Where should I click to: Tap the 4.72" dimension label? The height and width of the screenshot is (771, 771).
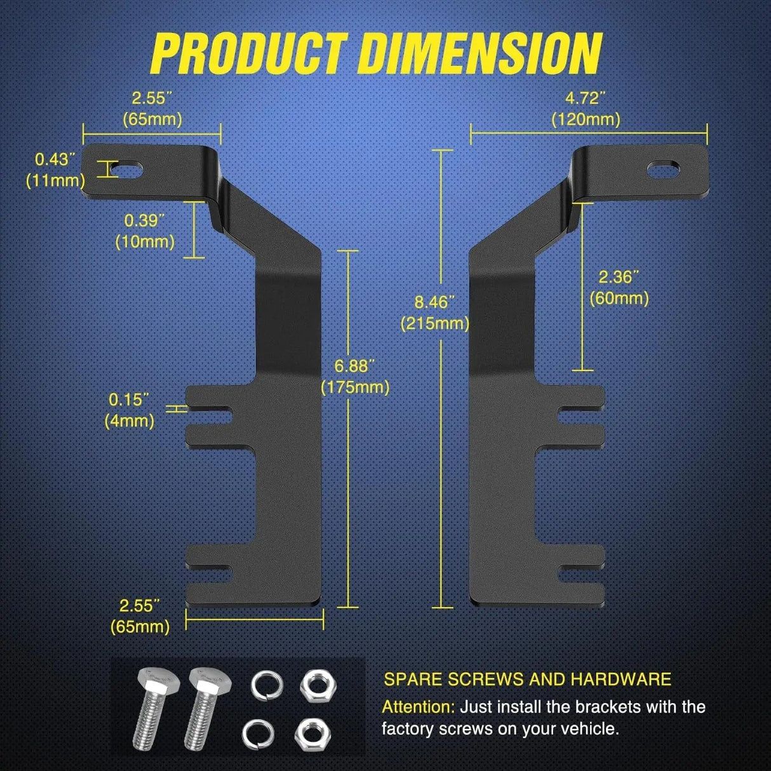pos(586,98)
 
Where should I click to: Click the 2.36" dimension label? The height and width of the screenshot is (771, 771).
pos(619,276)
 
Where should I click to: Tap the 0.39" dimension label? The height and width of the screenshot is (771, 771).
pos(145,220)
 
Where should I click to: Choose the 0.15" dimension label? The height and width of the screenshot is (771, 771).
pos(129,399)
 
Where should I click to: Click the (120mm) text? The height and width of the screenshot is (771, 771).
pos(586,119)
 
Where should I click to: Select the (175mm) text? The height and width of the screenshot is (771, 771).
pos(355,387)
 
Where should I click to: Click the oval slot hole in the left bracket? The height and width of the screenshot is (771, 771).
pos(129,170)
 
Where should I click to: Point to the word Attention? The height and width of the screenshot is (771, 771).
pos(418,707)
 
